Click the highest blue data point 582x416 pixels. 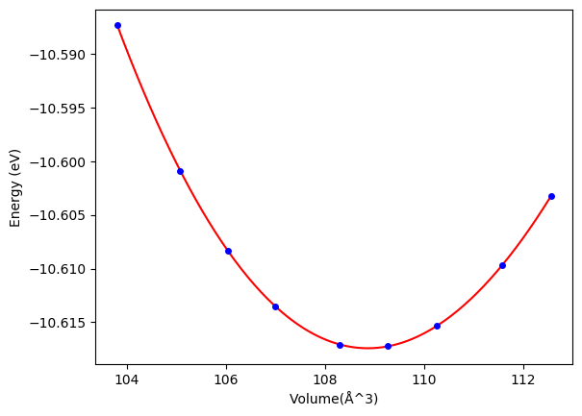(x=117, y=25)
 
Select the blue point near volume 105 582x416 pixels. (x=180, y=171)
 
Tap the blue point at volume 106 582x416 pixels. (x=228, y=251)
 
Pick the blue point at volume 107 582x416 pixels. (x=275, y=306)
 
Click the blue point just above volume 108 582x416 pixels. (x=340, y=345)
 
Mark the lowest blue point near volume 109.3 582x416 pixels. (x=388, y=346)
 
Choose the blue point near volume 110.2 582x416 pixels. (x=437, y=326)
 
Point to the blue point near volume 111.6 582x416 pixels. (x=502, y=265)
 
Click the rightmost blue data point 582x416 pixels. (x=551, y=196)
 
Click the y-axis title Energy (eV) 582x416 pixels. (x=15, y=187)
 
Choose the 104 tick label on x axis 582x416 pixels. (x=127, y=379)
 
